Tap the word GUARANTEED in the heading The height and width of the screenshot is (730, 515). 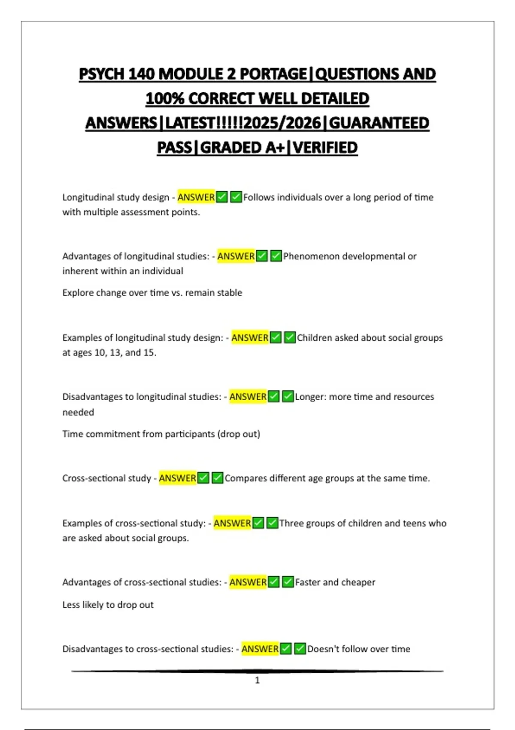pyautogui.click(x=379, y=123)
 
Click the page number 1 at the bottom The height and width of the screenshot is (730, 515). pyautogui.click(x=257, y=680)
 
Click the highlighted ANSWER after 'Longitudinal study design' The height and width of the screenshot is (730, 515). pyautogui.click(x=196, y=197)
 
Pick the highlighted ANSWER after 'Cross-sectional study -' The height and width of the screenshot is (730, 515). pyautogui.click(x=178, y=478)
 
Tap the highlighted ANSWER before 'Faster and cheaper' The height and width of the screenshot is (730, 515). pyautogui.click(x=248, y=582)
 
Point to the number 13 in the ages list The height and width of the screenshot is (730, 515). pyautogui.click(x=115, y=353)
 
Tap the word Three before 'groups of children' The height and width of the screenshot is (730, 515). pyautogui.click(x=291, y=523)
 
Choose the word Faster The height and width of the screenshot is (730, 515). pyautogui.click(x=307, y=582)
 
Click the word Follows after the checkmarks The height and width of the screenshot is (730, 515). pyautogui.click(x=258, y=197)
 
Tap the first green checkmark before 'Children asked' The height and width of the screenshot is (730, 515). pyautogui.click(x=276, y=338)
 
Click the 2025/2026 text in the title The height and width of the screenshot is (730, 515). pyautogui.click(x=282, y=123)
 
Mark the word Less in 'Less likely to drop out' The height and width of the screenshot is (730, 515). pyautogui.click(x=71, y=605)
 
